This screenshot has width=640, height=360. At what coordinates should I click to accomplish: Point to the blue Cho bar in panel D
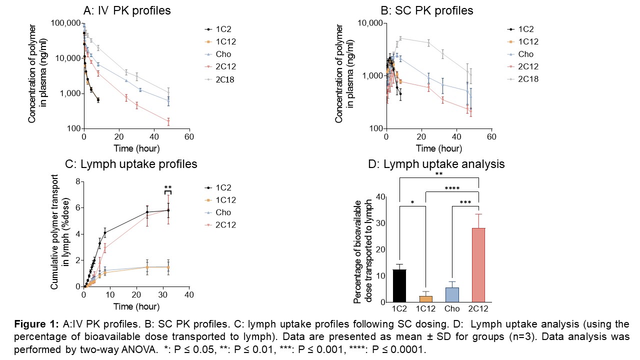tap(452, 294)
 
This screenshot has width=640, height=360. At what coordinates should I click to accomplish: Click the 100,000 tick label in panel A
tap(66, 23)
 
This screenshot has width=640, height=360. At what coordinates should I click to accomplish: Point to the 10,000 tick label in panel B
tap(370, 23)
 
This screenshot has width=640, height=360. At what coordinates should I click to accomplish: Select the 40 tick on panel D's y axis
tap(381, 197)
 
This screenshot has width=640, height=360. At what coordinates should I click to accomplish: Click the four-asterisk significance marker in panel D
tap(452, 188)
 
